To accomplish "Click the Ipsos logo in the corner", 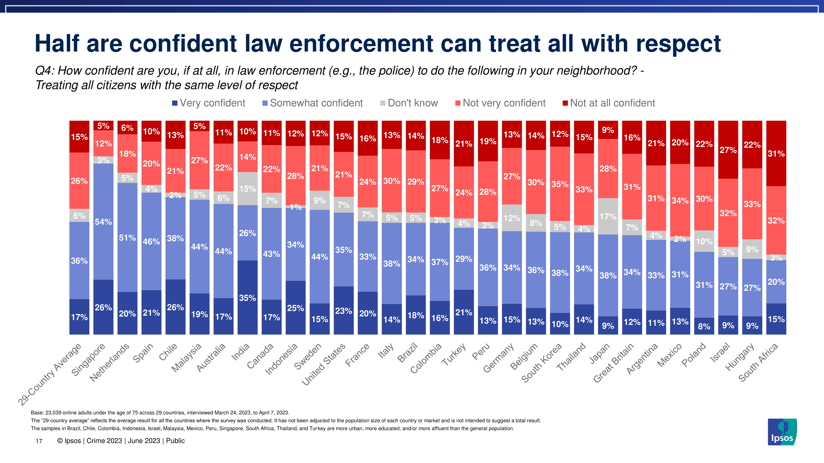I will click(x=782, y=432).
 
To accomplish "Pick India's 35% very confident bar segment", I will click(x=247, y=298).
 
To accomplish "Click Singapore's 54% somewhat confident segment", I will click(x=103, y=221).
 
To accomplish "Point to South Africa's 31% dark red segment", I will click(x=776, y=153).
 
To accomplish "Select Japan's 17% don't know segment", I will click(x=608, y=216).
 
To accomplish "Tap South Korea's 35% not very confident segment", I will click(x=560, y=184).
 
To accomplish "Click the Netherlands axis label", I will click(x=110, y=363).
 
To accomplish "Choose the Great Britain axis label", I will click(x=614, y=363).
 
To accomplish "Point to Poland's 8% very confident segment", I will click(x=704, y=326).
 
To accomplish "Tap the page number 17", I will click(x=39, y=441).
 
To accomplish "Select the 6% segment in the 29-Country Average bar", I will click(x=79, y=215).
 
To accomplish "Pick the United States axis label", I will click(x=324, y=364).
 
